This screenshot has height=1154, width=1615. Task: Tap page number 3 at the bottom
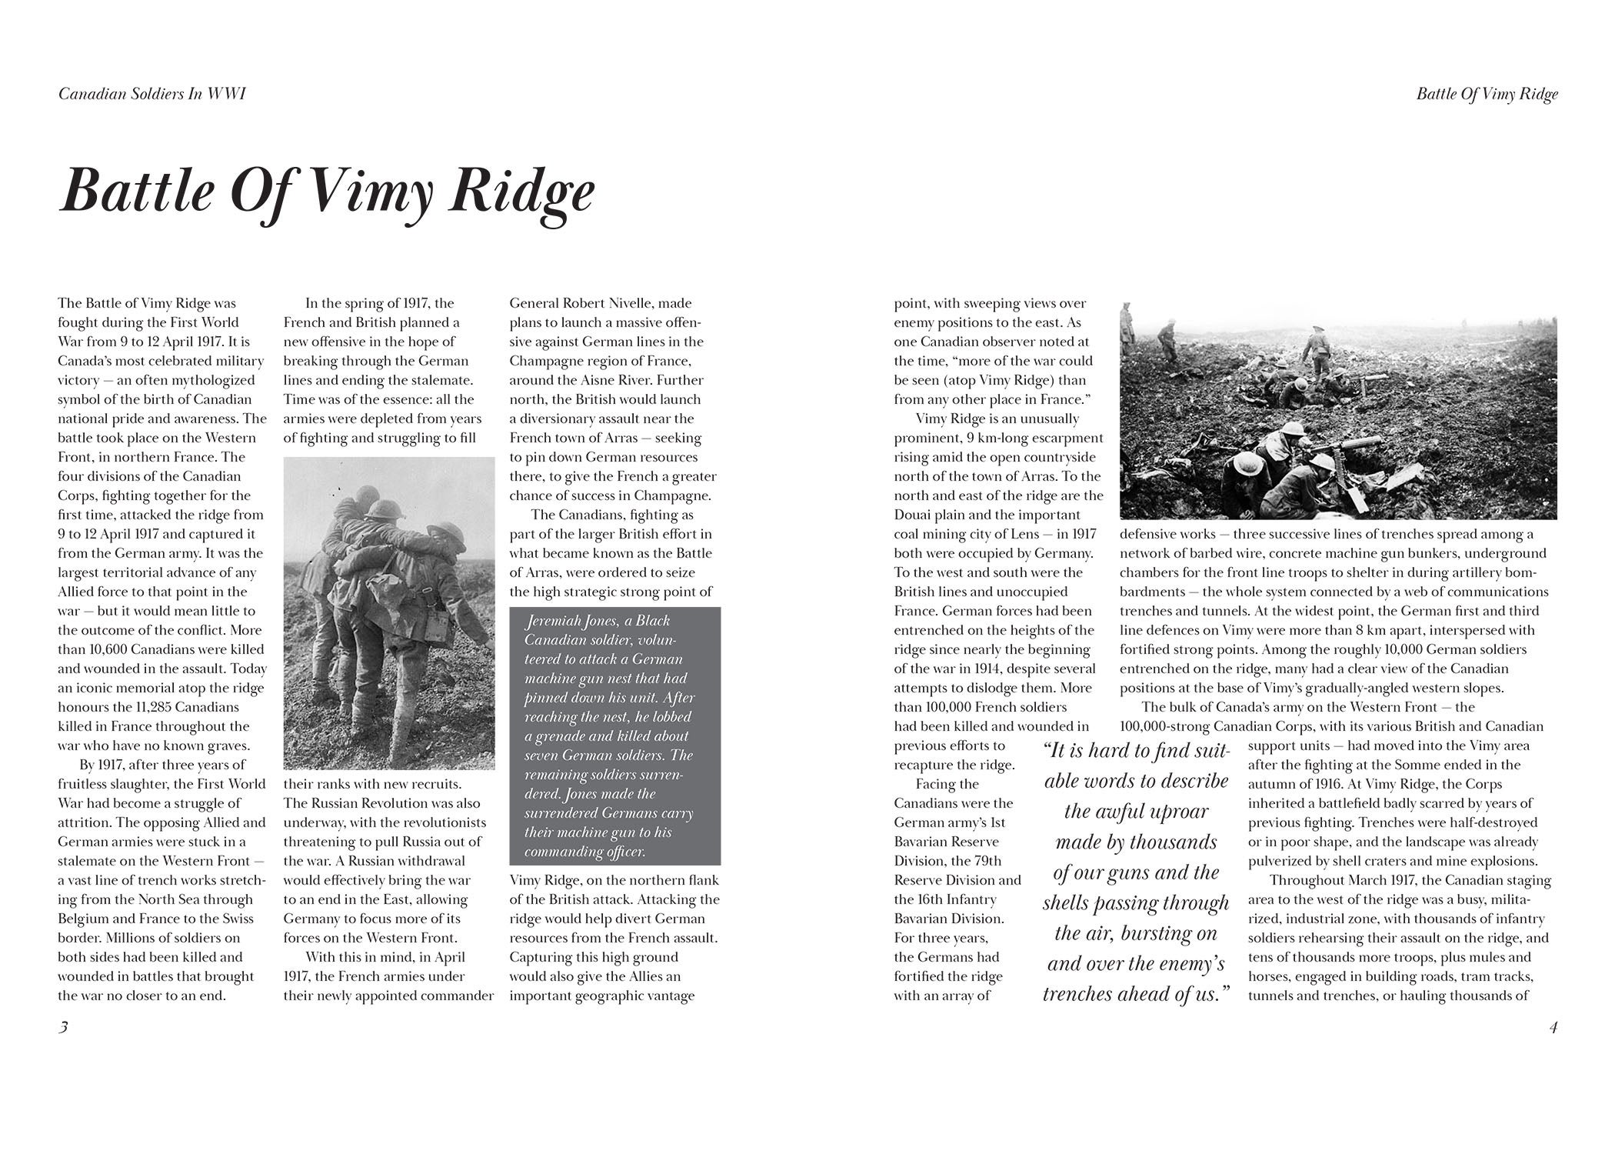pyautogui.click(x=64, y=1027)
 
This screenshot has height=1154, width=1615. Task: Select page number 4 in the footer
pyautogui.click(x=1553, y=1027)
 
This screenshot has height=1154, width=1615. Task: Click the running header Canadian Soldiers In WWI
pyautogui.click(x=152, y=94)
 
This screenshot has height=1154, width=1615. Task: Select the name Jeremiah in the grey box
pyautogui.click(x=554, y=621)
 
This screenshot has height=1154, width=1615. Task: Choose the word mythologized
pyautogui.click(x=207, y=380)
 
